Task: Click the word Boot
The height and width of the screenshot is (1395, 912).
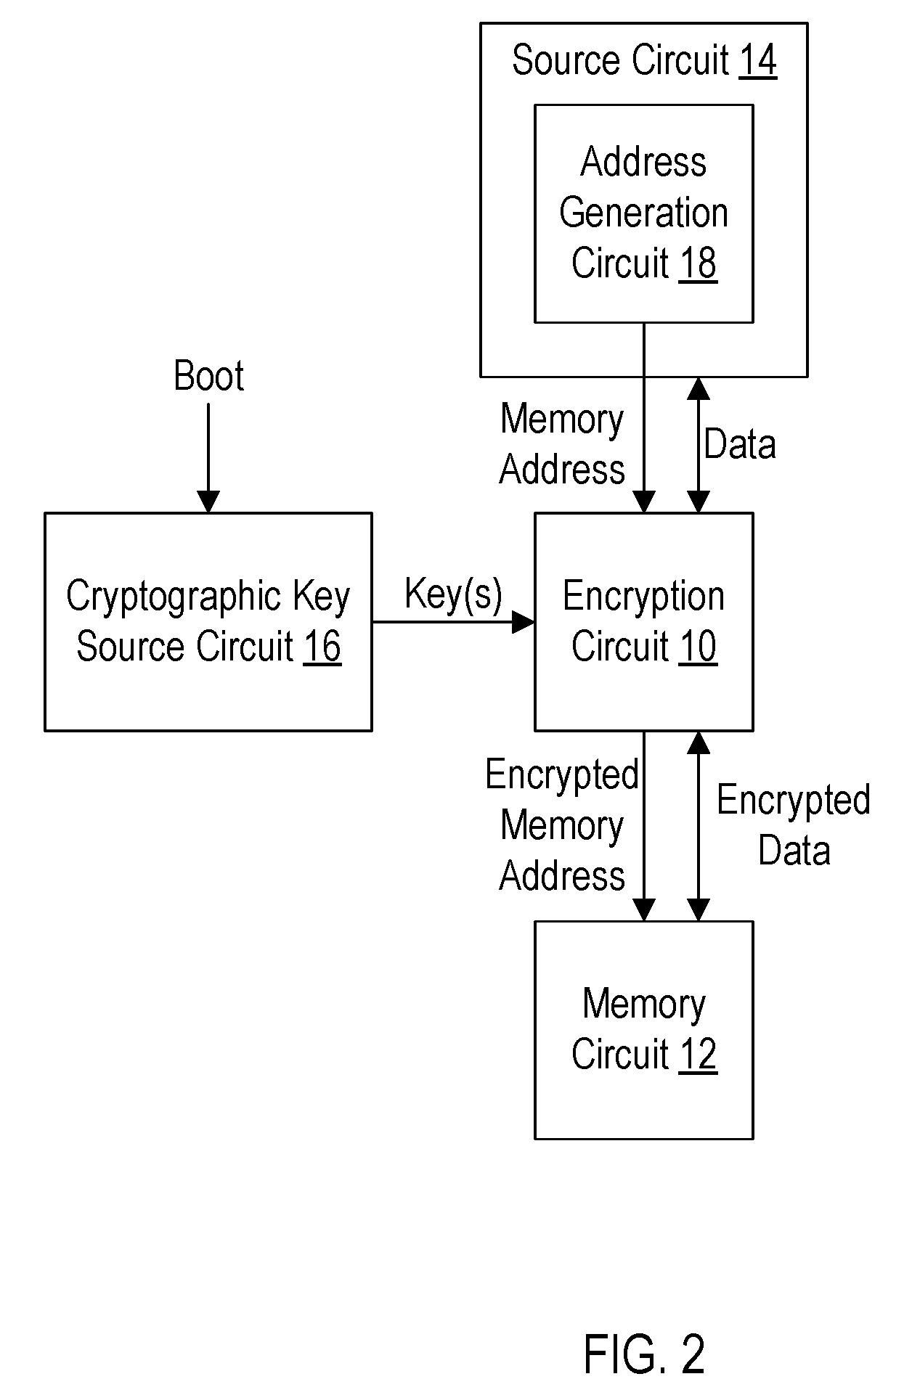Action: point(209,376)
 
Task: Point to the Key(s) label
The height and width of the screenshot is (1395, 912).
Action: point(453,594)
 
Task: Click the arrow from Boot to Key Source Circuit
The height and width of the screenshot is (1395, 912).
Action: point(208,458)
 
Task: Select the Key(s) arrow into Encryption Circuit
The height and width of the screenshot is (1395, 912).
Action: point(454,622)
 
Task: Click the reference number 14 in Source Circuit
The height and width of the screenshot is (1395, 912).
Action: point(758,60)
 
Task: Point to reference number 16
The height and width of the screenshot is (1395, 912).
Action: point(322,647)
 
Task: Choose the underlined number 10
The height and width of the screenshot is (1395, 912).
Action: point(698,647)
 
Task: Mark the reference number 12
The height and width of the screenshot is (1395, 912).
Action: point(698,1055)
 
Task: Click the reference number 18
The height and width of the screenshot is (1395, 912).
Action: point(698,263)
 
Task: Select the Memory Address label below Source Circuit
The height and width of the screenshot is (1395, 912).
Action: point(562,444)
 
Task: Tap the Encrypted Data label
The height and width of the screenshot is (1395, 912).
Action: point(794,825)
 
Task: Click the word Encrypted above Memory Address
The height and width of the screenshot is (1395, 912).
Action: point(562,775)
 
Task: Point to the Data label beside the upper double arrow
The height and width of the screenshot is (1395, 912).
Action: point(740,444)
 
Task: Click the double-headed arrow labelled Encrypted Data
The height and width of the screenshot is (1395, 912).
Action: point(699,826)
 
